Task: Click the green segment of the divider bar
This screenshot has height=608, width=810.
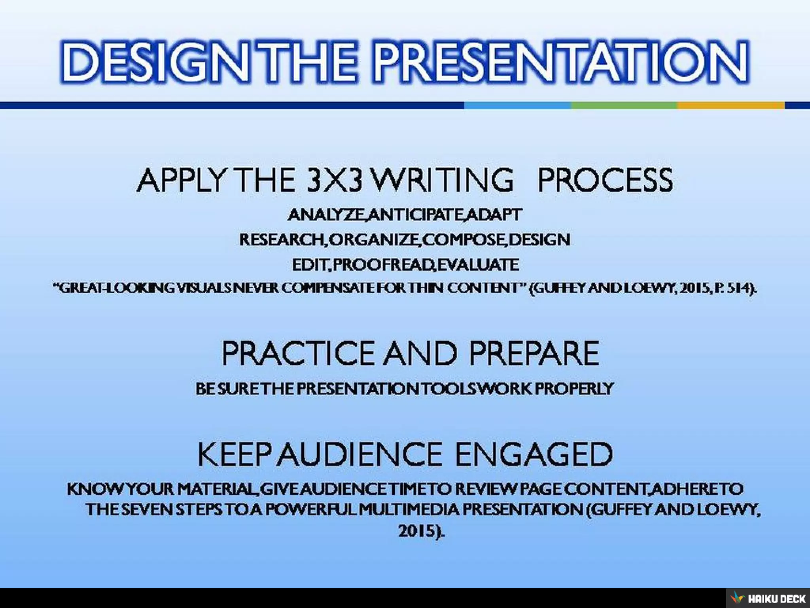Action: point(624,106)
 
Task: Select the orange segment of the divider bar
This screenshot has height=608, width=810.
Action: point(731,106)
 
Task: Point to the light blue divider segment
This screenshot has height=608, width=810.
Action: point(517,106)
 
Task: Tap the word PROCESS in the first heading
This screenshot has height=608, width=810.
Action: point(605,180)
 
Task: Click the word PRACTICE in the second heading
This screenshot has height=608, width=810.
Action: point(297,353)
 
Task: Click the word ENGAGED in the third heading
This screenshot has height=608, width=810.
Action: point(534,454)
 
